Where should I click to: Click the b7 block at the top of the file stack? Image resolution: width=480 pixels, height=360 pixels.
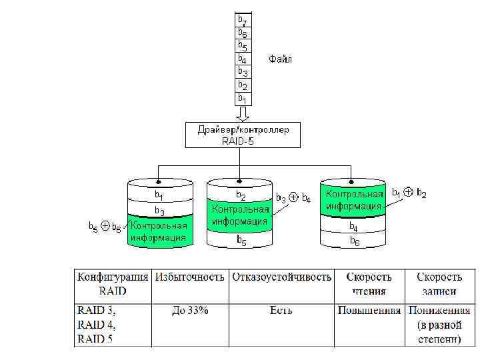(243, 20)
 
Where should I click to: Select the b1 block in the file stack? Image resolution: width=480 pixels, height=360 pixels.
(243, 98)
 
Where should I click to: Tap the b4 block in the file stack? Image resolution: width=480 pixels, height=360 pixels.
(243, 59)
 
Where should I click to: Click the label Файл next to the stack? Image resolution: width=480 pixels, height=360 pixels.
(280, 59)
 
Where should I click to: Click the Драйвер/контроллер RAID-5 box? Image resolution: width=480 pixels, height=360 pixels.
(243, 135)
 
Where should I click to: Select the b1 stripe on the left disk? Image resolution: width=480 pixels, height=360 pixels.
(159, 195)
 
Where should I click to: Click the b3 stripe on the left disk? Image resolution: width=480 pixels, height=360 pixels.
(159, 211)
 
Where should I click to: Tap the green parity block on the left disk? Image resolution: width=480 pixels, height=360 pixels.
(159, 231)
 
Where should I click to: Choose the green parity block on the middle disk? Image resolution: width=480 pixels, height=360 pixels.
(239, 215)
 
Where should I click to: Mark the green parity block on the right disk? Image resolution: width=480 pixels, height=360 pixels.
(353, 199)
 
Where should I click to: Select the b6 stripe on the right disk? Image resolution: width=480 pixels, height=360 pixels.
(353, 241)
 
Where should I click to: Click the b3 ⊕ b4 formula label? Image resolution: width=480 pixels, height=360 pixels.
(293, 198)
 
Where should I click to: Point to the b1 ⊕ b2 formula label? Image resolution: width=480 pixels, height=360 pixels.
(409, 193)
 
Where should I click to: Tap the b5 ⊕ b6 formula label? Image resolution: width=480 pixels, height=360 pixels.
(106, 227)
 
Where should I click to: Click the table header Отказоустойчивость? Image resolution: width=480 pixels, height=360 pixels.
(281, 277)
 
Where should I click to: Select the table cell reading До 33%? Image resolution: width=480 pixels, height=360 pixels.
(190, 310)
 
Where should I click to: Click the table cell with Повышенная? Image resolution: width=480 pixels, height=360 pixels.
(369, 310)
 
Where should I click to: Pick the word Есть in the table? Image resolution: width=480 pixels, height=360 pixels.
(281, 310)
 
